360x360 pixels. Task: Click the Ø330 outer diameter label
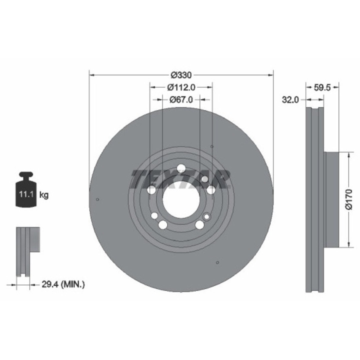click(x=181, y=75)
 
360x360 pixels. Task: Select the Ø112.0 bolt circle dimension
click(x=181, y=87)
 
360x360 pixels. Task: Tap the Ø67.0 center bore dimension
click(x=181, y=99)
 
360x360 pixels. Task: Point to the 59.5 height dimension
click(x=322, y=87)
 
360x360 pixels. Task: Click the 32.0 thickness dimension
click(x=290, y=100)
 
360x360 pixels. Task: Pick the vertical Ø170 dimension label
click(x=349, y=199)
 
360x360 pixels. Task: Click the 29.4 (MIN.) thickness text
click(x=63, y=284)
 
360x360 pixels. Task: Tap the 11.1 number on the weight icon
click(x=26, y=194)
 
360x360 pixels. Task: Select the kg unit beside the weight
click(x=44, y=195)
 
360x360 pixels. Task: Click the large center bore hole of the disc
click(x=181, y=199)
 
